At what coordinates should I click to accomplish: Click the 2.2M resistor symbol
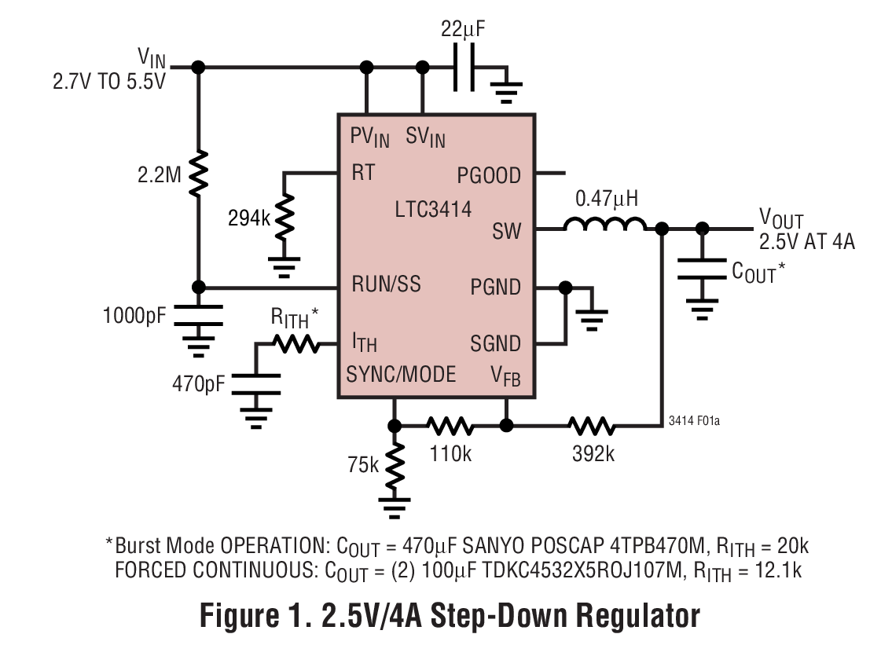coord(198,173)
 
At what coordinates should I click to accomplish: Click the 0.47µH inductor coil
coord(605,225)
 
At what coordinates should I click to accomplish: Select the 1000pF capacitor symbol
coord(198,316)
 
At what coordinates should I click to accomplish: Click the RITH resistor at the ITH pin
coord(295,343)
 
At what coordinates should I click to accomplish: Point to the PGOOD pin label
coord(490,174)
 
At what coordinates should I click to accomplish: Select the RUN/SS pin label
coord(386,284)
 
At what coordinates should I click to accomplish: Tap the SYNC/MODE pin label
coord(401,374)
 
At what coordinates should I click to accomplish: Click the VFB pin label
coord(505,376)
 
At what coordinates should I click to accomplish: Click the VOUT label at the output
coord(780,218)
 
